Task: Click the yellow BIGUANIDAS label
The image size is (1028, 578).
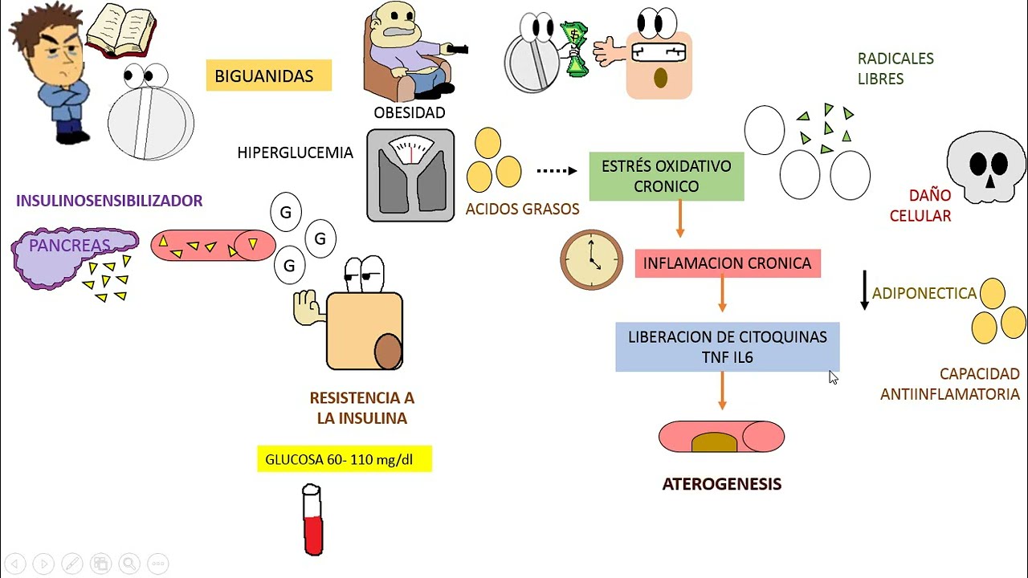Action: point(268,75)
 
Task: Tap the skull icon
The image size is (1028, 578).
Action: point(985,169)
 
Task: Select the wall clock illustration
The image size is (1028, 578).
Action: point(592,260)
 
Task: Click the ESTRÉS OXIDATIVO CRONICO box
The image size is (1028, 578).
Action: point(666,177)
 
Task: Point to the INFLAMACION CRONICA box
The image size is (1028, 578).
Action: point(727,263)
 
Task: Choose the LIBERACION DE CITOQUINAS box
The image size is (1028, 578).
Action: point(727,347)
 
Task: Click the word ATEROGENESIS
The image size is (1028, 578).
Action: point(721,484)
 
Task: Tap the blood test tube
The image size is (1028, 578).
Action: point(312,519)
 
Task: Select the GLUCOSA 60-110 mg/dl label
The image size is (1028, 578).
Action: point(344,460)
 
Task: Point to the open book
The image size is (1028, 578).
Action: point(120,31)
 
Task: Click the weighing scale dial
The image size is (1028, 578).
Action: point(410,150)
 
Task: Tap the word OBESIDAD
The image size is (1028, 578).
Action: point(409,112)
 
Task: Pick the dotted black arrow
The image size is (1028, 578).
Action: point(557,170)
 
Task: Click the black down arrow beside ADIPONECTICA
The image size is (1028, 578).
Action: point(864,291)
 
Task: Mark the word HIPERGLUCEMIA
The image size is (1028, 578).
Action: point(295,153)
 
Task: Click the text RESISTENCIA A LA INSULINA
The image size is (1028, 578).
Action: point(361,408)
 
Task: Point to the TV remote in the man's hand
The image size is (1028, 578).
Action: point(457,50)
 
